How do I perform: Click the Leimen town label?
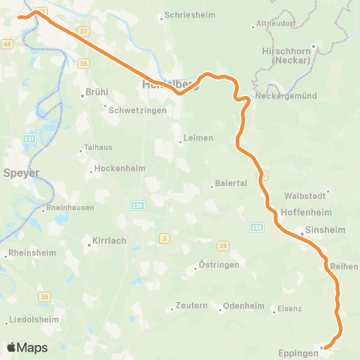[x=199, y=138]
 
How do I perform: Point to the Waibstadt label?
[x=303, y=195]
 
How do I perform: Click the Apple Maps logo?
[x=27, y=348]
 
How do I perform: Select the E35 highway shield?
[x=137, y=205]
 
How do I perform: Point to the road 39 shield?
[x=223, y=246]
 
